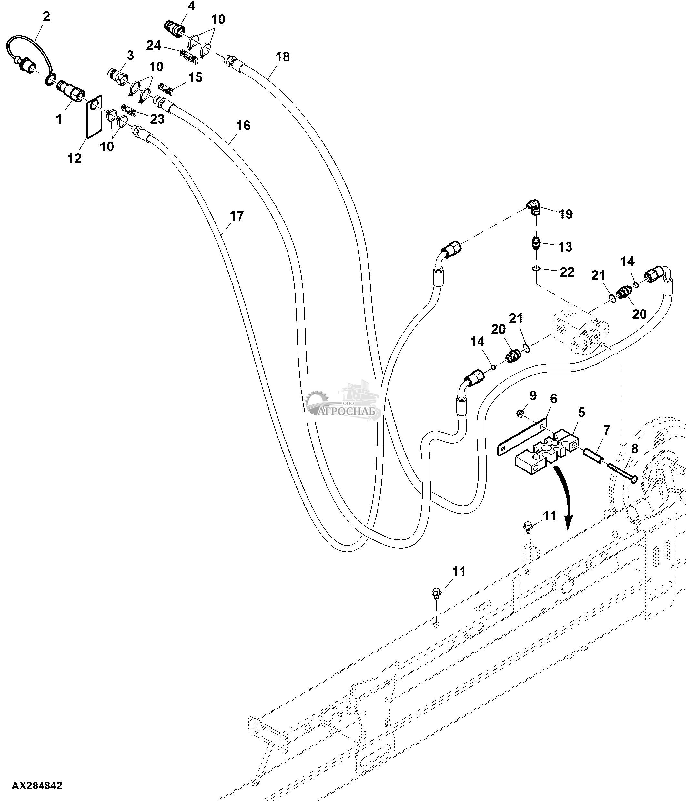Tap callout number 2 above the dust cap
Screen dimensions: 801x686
[46, 16]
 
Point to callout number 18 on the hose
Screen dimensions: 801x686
[283, 56]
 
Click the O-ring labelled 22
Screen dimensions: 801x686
[535, 268]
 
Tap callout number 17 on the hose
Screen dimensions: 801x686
[237, 216]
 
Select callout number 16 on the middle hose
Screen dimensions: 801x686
[243, 125]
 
